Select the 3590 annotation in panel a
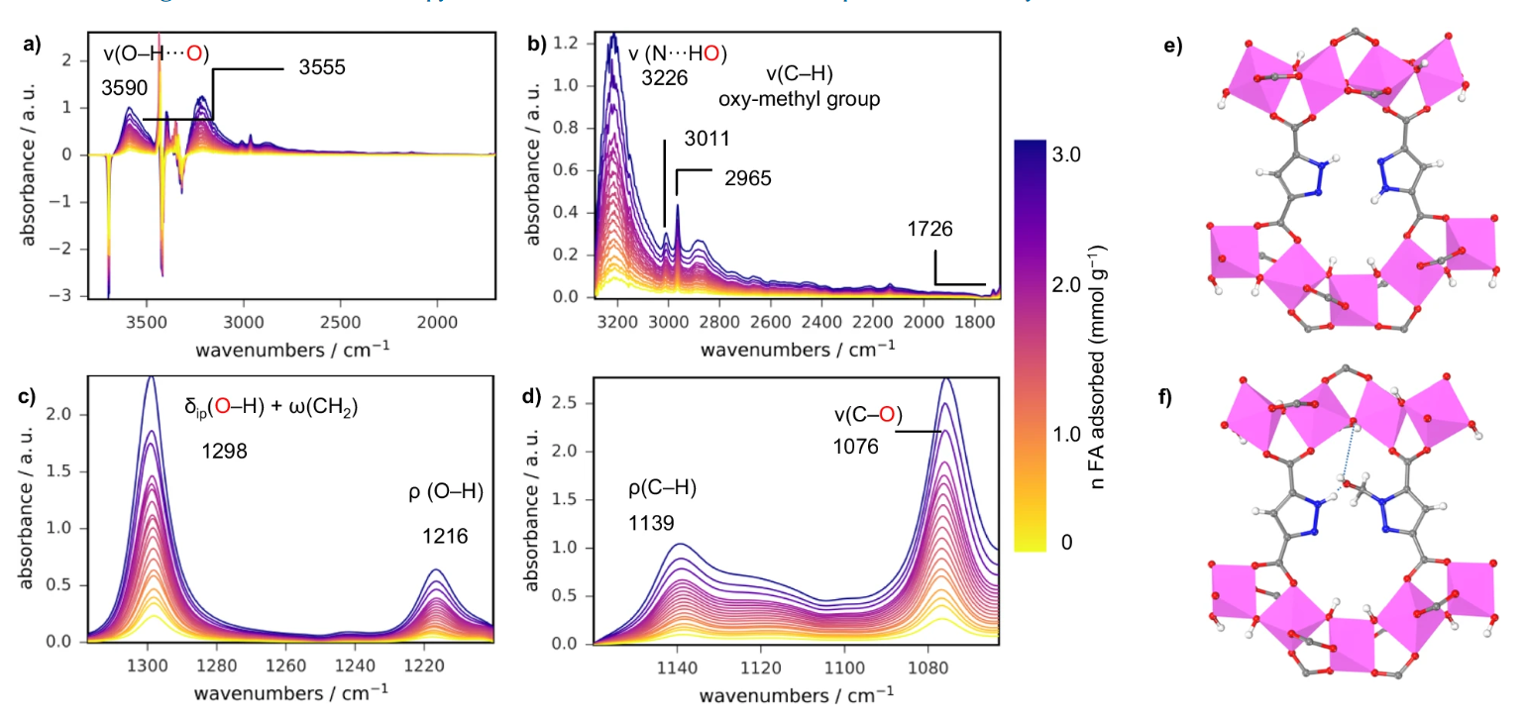pos(124,88)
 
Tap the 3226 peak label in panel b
pos(664,78)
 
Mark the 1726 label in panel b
pos(929,230)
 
